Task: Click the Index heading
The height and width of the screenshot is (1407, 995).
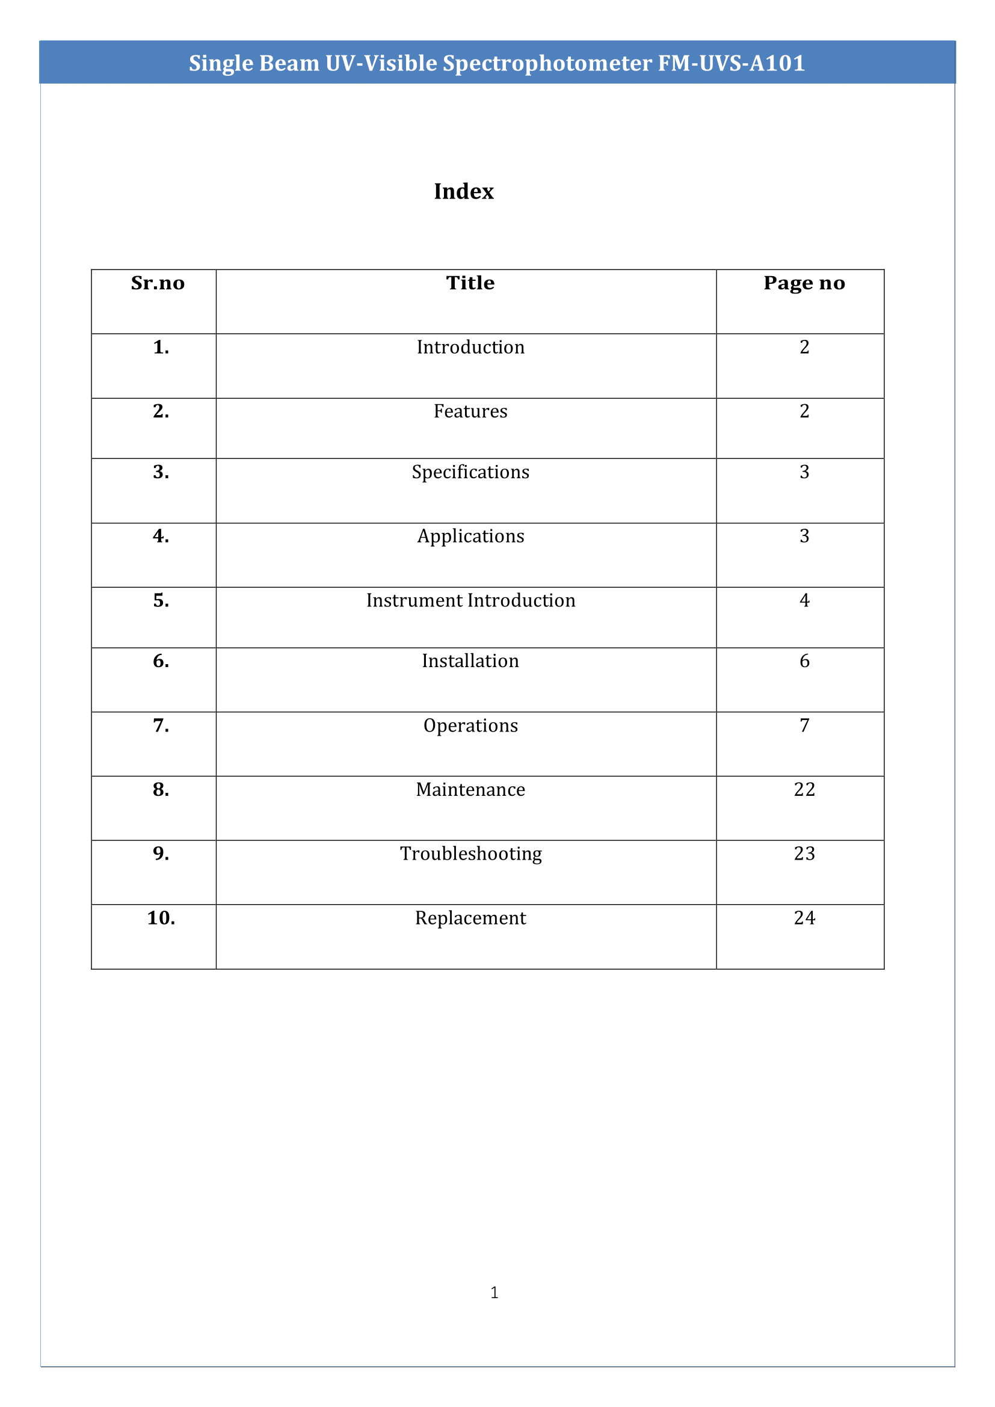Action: point(463,191)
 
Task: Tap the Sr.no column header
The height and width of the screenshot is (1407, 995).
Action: point(158,283)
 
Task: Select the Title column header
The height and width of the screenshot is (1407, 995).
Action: point(470,283)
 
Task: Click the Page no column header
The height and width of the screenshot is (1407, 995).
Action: point(804,283)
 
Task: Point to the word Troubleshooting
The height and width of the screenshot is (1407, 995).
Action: point(470,854)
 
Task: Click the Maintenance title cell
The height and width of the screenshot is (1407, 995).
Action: point(470,789)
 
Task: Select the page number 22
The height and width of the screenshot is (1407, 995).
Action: point(804,789)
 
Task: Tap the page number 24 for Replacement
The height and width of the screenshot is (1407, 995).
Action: point(804,918)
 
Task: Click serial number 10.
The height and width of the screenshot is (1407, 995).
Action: point(161,918)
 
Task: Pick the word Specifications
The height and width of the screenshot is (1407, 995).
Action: point(470,472)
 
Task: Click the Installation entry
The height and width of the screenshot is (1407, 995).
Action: point(470,660)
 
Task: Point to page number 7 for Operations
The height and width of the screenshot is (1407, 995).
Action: point(804,725)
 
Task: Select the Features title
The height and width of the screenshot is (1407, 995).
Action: point(470,411)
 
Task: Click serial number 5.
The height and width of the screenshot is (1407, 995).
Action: point(161,600)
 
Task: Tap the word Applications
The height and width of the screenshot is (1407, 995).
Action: point(470,536)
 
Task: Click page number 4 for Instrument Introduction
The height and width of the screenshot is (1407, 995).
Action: point(804,600)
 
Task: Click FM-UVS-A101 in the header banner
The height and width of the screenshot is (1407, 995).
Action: point(732,63)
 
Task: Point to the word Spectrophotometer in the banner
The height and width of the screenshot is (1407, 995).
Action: point(548,63)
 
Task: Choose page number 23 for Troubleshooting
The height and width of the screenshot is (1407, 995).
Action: point(804,854)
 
